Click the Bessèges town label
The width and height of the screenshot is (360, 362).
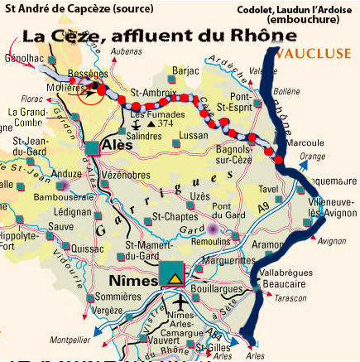(84, 73)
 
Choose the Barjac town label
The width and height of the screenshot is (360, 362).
(188, 72)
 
